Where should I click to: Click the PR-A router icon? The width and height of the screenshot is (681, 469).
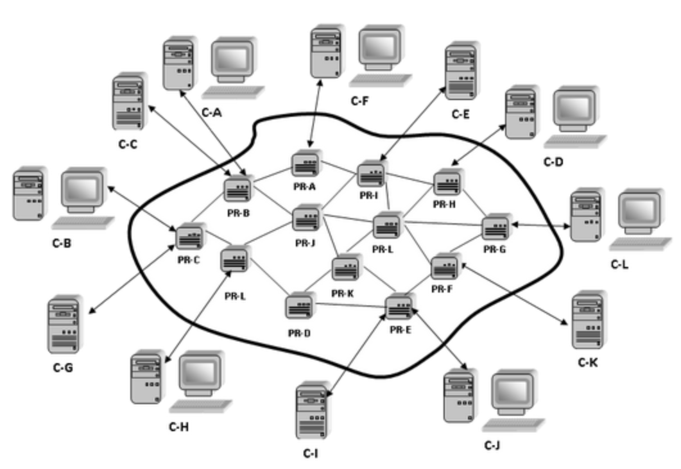(303, 165)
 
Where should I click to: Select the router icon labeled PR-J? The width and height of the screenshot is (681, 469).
(305, 219)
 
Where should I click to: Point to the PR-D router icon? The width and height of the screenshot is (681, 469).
(300, 307)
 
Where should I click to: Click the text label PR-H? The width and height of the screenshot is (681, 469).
(444, 204)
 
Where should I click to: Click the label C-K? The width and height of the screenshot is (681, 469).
(588, 363)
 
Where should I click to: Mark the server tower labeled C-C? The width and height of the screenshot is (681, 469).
(128, 102)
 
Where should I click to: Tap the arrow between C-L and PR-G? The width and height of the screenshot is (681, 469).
(540, 225)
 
